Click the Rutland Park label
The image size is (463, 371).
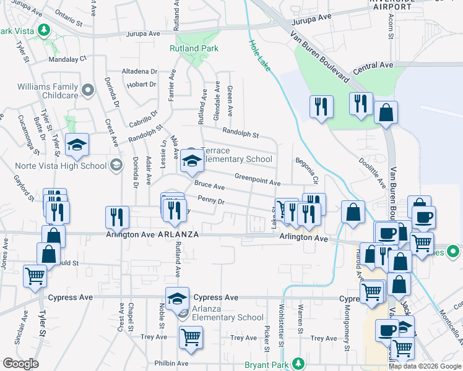click(194, 48)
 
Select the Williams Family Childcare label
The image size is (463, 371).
click(48, 91)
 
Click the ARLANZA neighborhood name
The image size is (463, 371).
click(178, 235)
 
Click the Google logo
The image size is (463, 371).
click(20, 364)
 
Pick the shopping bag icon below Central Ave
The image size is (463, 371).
click(386, 114)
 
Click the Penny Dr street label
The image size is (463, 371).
click(210, 200)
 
